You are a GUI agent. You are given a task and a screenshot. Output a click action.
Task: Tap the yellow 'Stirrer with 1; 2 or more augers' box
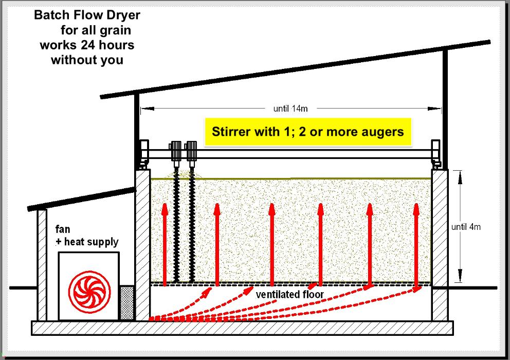[308, 132]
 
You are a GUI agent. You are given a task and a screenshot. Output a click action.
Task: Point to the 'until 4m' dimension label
[466, 227]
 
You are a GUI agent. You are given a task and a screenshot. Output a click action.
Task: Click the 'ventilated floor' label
[289, 295]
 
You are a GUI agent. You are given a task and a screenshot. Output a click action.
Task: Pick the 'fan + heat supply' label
[86, 236]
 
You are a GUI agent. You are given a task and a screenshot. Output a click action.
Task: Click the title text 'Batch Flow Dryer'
[87, 15]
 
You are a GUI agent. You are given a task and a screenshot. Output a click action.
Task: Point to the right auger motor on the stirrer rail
[192, 150]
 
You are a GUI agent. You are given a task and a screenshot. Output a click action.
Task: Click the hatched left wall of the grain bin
[142, 244]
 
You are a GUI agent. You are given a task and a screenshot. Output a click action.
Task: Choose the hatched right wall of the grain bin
[439, 244]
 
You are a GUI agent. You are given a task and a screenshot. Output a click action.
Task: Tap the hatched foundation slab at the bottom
[242, 327]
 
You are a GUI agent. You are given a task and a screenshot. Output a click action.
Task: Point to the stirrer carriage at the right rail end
[436, 153]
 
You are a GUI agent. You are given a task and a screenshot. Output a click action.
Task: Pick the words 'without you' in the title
[87, 60]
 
